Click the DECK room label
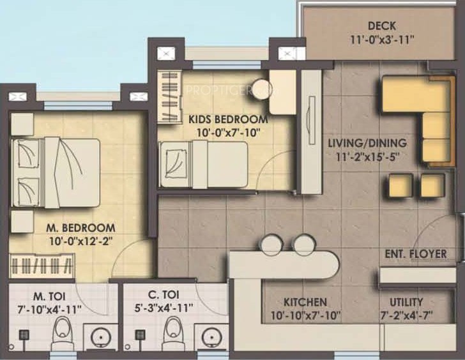click(x=382, y=26)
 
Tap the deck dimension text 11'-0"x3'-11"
click(x=382, y=40)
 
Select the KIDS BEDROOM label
click(x=228, y=119)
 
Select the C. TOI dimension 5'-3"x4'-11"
click(x=164, y=308)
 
